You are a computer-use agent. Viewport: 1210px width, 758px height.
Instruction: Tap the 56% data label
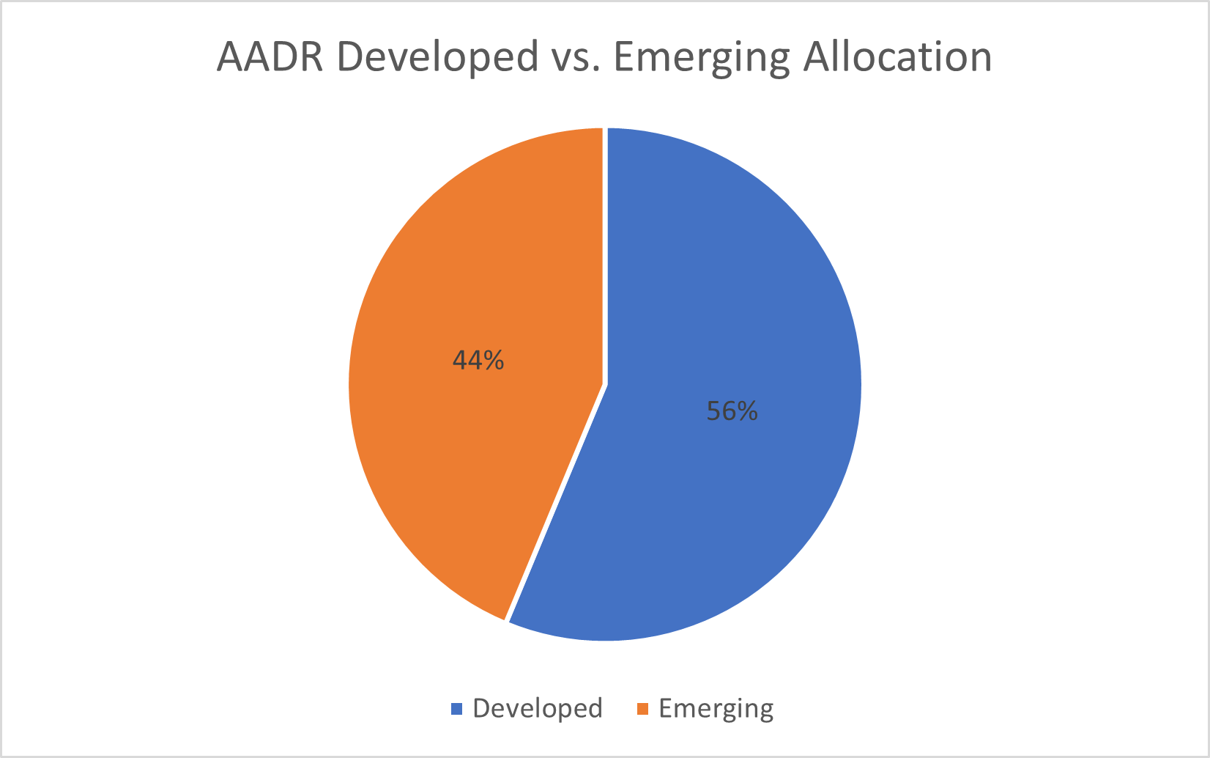coord(732,411)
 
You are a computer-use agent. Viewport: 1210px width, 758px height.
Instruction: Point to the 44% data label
coord(478,360)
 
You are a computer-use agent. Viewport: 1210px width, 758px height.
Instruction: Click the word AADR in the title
coord(270,57)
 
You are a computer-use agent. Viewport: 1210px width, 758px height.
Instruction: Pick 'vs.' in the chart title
coord(575,57)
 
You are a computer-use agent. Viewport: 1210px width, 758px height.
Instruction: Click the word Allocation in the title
coord(898,57)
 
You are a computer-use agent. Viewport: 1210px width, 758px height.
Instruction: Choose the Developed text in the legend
coord(538,709)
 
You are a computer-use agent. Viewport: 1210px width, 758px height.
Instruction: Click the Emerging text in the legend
coord(716,709)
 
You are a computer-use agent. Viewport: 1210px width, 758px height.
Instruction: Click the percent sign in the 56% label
coord(747,411)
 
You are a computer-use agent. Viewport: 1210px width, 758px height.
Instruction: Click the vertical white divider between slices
coord(605,257)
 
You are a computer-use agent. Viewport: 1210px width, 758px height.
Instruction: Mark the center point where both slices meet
coord(605,384)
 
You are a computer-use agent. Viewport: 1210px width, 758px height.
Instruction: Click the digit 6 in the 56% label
coord(727,411)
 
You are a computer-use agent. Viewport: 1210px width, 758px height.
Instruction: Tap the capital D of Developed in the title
coord(349,57)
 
